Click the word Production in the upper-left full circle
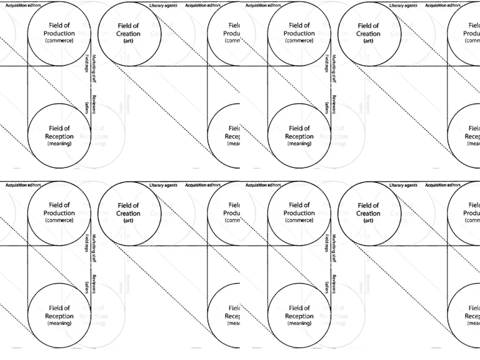tap(59, 32)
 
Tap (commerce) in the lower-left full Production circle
tap(59, 220)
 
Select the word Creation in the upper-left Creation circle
tap(128, 34)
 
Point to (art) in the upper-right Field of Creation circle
tap(368, 41)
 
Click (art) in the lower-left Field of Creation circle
tap(128, 221)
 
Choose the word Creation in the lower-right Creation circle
tap(368, 214)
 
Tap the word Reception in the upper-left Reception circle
tap(59, 136)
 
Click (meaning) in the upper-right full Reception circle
tap(299, 144)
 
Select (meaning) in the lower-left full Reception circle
tap(59, 324)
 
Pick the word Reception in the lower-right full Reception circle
tap(299, 316)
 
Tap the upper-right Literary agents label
tap(404, 5)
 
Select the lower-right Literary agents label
tap(404, 185)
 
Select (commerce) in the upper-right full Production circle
tap(299, 40)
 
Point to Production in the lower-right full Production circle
tap(299, 212)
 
